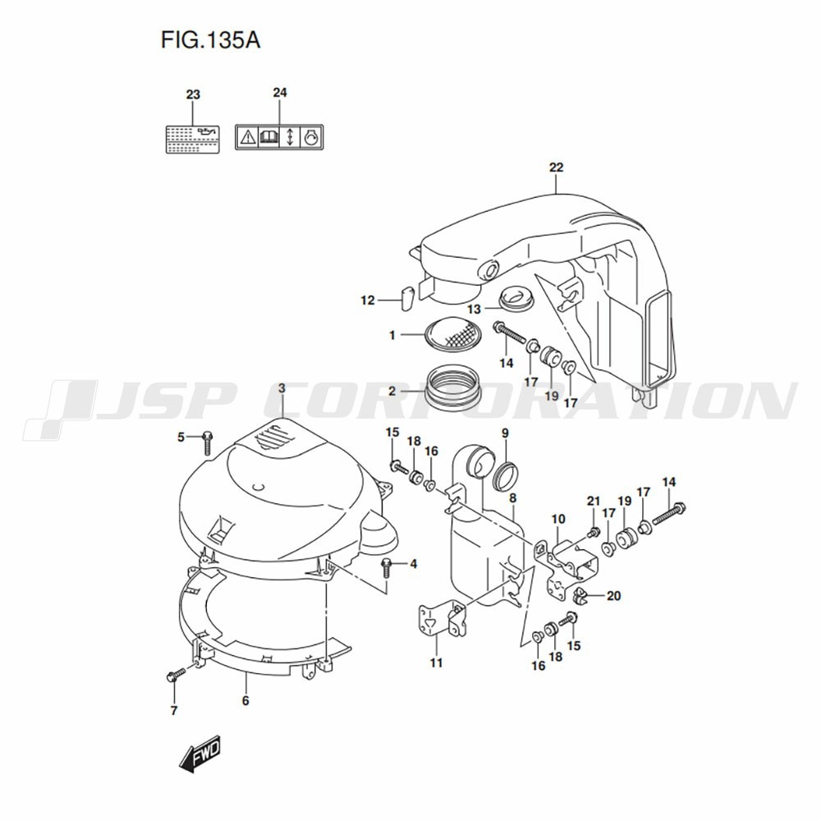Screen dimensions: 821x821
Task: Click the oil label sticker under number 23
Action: click(x=193, y=136)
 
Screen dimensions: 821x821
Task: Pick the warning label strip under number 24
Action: click(x=279, y=135)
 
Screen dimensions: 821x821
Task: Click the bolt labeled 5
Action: click(x=207, y=441)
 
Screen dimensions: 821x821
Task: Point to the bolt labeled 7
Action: click(x=173, y=676)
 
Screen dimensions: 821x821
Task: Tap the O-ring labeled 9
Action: click(x=508, y=475)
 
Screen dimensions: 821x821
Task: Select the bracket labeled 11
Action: click(x=439, y=619)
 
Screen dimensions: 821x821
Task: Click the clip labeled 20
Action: click(x=581, y=595)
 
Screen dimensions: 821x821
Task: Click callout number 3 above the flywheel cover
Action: click(x=282, y=388)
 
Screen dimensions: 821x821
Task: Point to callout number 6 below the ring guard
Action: click(x=245, y=700)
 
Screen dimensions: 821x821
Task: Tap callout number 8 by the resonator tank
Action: click(x=512, y=498)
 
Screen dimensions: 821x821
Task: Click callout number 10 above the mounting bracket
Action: click(x=558, y=519)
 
